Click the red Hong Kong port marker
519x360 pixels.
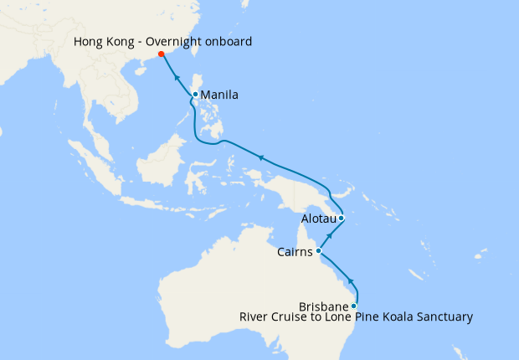[162, 55]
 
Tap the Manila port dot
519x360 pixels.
[195, 95]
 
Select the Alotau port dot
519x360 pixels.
[342, 219]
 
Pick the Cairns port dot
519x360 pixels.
[319, 250]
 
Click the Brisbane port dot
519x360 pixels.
[354, 306]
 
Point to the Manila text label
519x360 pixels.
[220, 95]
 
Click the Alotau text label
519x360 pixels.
[318, 219]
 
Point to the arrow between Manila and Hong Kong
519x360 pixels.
[177, 76]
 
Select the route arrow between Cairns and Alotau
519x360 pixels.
[331, 236]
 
